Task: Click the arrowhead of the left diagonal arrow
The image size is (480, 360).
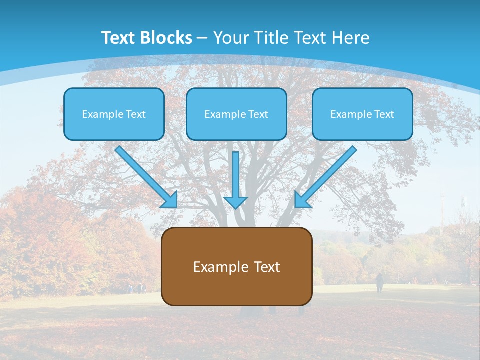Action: [171, 201]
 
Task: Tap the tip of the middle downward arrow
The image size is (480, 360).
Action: [235, 207]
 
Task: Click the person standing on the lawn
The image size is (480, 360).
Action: [380, 283]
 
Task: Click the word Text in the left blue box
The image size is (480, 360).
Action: [135, 114]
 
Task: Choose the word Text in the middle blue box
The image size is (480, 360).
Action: [258, 114]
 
